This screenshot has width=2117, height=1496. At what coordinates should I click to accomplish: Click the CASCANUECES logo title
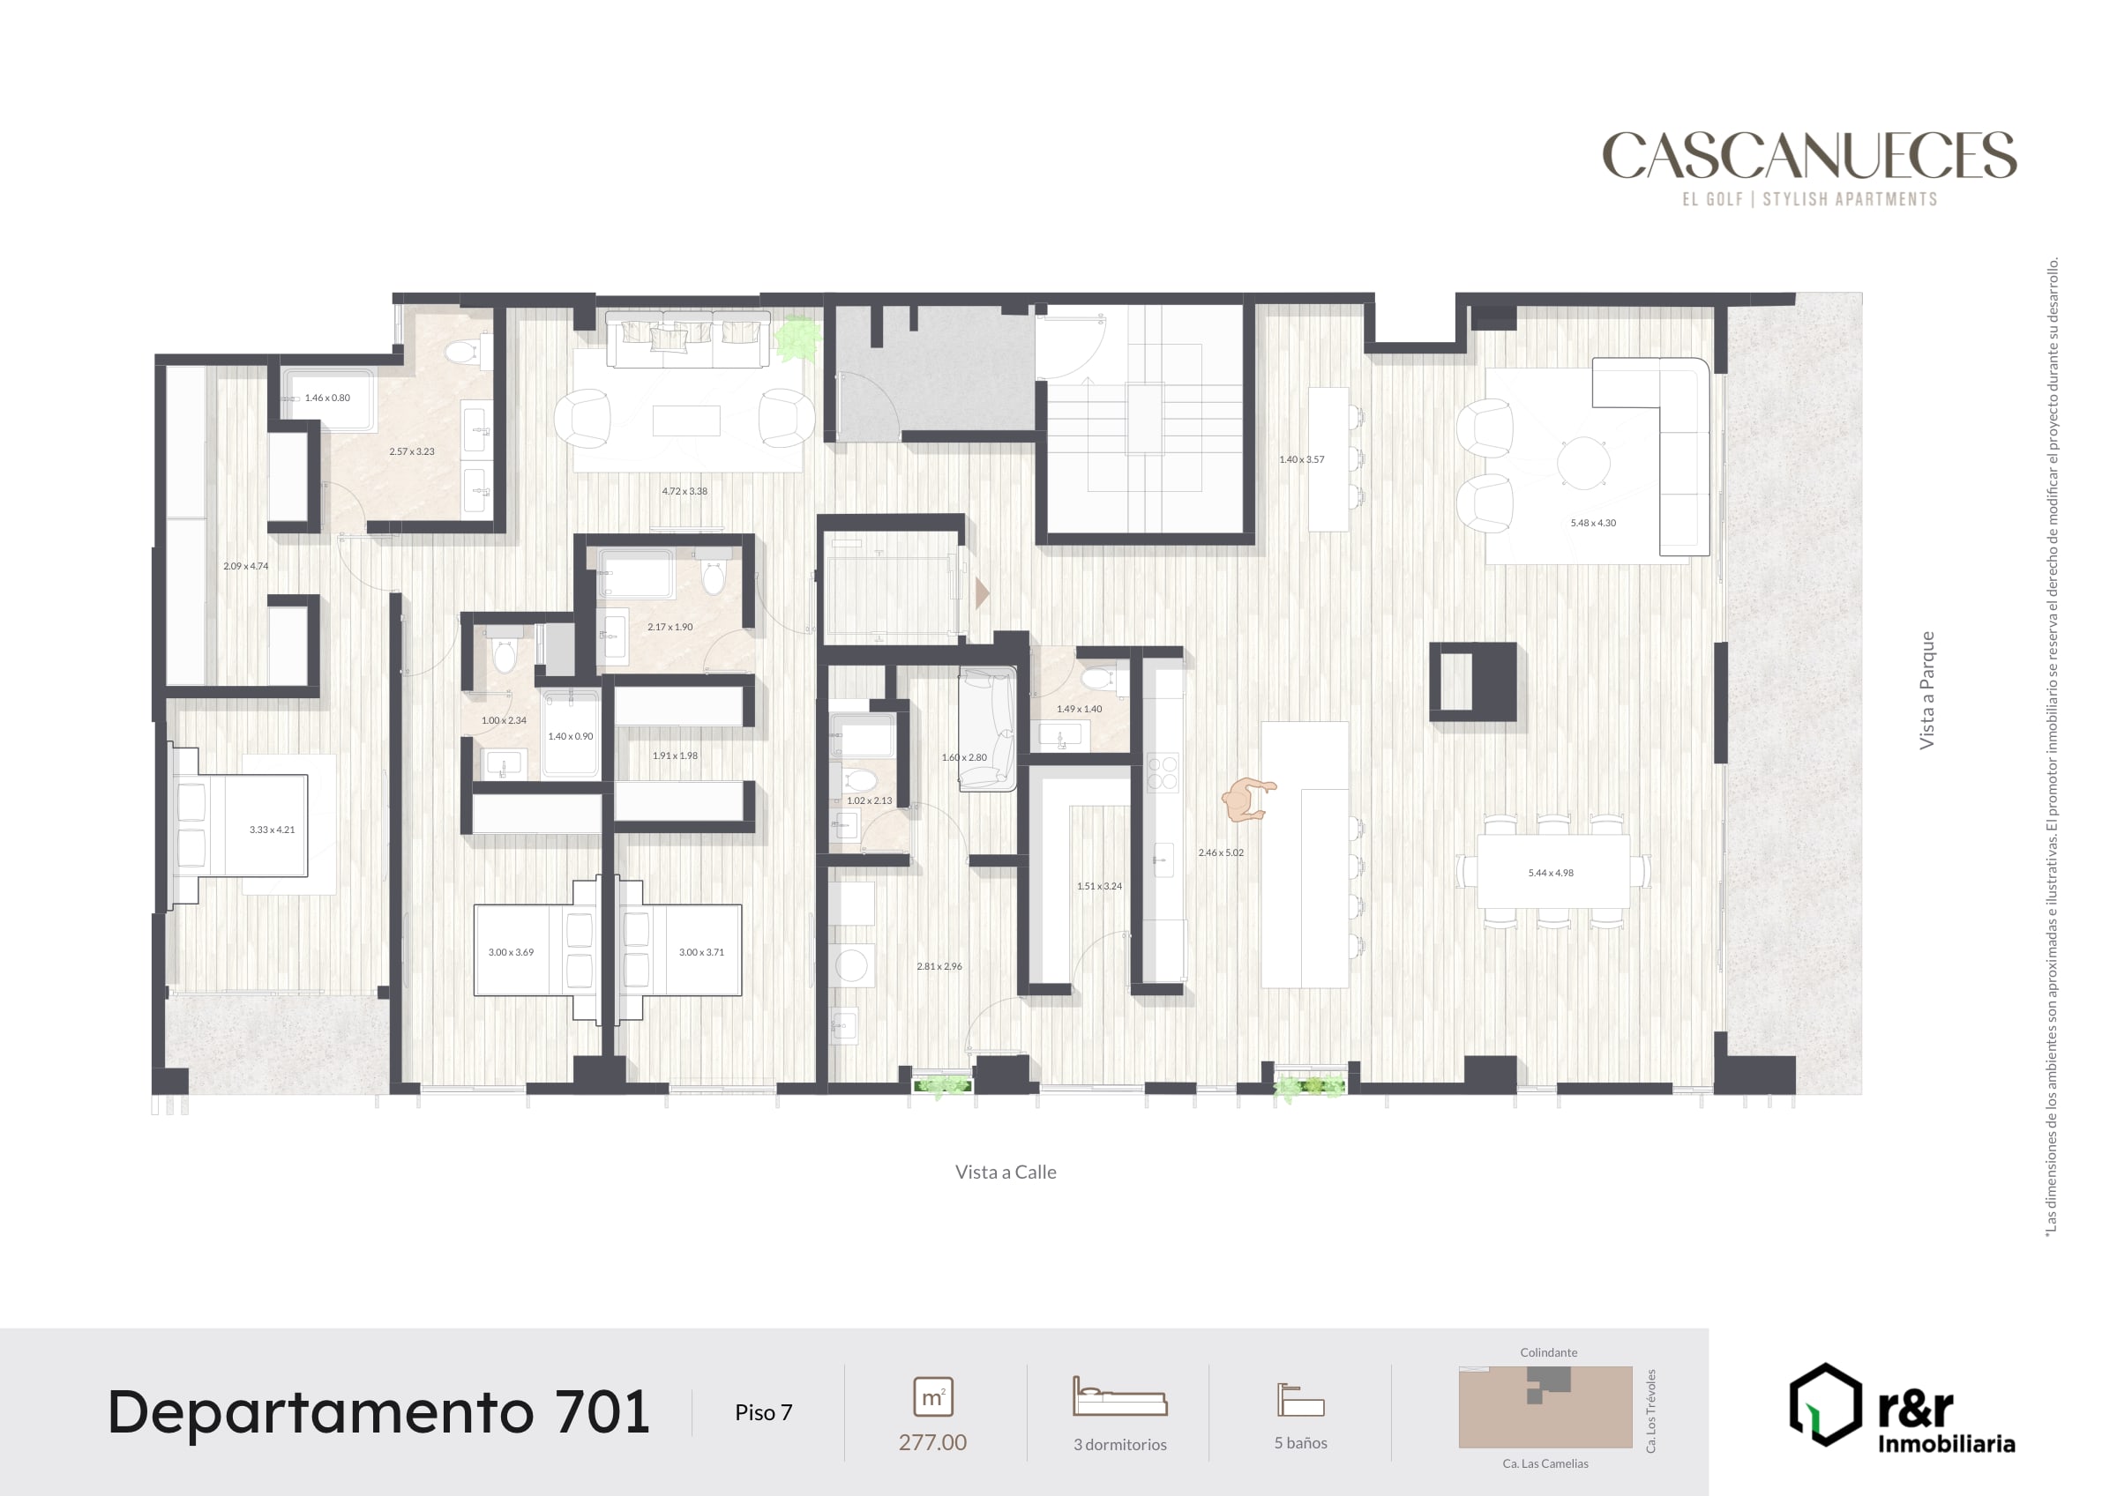[x=1809, y=155]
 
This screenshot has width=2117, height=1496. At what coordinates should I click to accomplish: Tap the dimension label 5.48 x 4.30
[x=1593, y=524]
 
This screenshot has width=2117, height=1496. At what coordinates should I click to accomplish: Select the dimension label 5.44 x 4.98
[x=1551, y=873]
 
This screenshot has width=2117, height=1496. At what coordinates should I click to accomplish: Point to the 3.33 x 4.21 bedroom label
[x=272, y=830]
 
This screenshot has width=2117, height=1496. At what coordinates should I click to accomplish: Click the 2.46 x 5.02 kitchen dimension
[x=1221, y=852]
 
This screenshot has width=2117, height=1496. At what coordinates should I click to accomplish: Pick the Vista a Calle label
[x=1006, y=1172]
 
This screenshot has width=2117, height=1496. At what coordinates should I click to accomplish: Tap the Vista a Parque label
[x=1926, y=690]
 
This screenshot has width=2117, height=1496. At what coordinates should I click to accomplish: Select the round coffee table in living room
[x=1583, y=463]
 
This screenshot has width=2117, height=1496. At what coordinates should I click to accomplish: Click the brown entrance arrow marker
[x=982, y=592]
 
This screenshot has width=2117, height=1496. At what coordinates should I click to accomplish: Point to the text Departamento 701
[x=378, y=1413]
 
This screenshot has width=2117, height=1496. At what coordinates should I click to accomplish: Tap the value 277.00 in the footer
[x=932, y=1442]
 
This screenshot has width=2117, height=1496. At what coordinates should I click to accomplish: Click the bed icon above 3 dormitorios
[x=1119, y=1396]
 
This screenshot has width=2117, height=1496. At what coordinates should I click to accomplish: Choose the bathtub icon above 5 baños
[x=1300, y=1399]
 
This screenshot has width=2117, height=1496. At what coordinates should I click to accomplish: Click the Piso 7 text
[x=764, y=1413]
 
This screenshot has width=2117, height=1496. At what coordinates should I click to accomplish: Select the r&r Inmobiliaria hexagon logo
[x=1826, y=1404]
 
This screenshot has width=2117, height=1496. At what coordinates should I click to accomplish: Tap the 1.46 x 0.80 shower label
[x=327, y=398]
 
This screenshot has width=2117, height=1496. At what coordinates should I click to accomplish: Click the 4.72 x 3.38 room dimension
[x=684, y=491]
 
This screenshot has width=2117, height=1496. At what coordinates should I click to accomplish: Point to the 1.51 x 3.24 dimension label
[x=1099, y=887]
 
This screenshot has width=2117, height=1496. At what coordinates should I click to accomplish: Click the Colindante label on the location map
[x=1548, y=1353]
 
